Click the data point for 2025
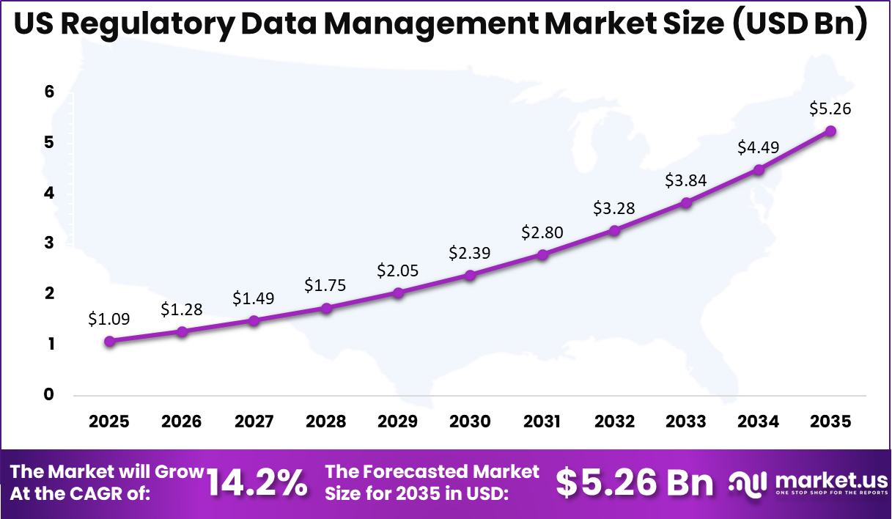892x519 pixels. [109, 341]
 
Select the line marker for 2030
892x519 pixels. [470, 276]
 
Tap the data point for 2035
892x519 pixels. [830, 131]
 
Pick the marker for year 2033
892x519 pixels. [686, 202]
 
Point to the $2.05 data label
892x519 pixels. [397, 270]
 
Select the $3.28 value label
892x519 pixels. [614, 207]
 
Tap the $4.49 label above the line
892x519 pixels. [759, 147]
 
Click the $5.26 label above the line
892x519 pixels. [830, 108]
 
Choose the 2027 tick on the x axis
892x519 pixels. [254, 422]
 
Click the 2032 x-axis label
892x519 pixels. [614, 422]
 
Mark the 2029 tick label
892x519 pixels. [397, 422]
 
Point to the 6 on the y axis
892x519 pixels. [49, 92]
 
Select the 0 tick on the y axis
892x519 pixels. [49, 395]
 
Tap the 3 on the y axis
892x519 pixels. [49, 243]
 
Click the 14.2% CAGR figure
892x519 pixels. [257, 483]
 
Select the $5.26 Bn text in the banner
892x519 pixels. [634, 483]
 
